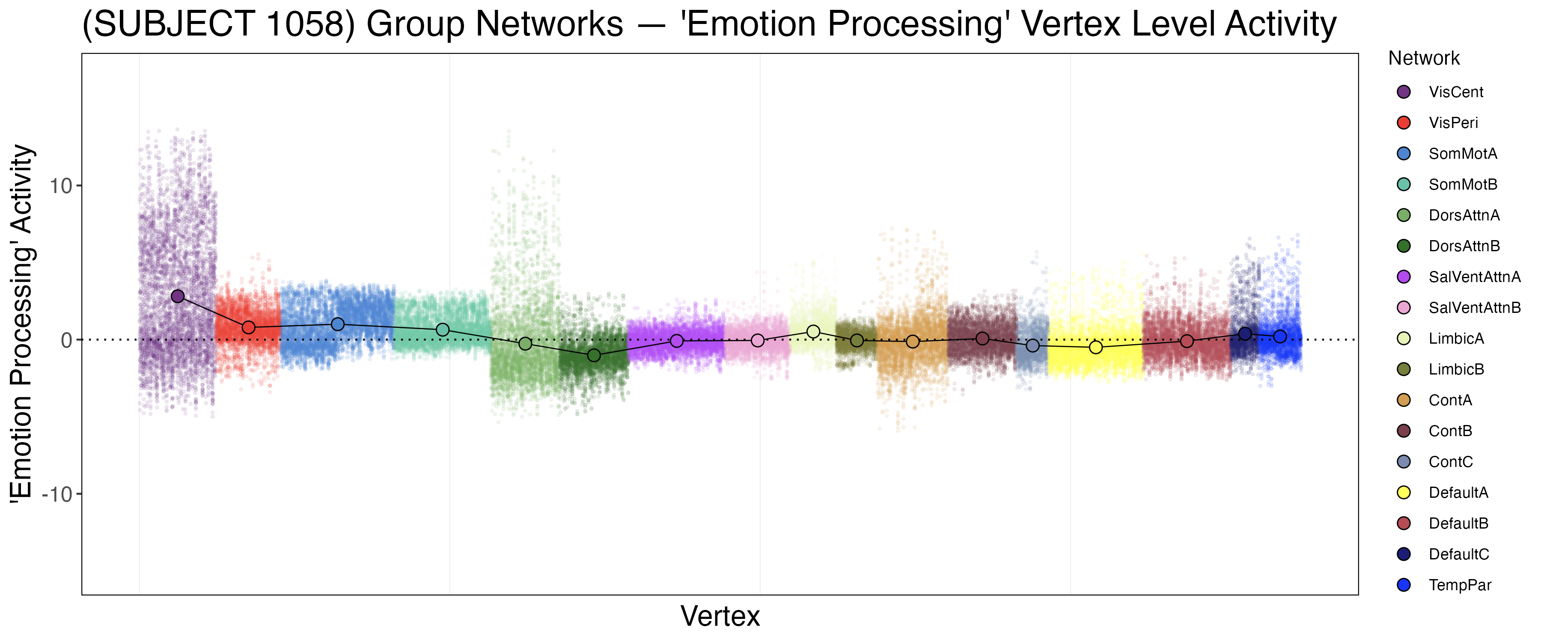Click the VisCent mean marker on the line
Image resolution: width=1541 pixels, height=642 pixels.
point(178,296)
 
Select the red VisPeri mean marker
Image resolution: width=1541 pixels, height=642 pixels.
point(249,327)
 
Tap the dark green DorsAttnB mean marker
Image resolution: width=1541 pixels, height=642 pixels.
point(594,355)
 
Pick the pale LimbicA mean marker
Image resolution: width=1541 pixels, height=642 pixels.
point(813,331)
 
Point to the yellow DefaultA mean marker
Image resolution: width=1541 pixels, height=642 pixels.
point(1096,347)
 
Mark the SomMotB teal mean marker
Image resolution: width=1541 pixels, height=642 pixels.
point(443,330)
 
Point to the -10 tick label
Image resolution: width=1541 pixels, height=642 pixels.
point(57,495)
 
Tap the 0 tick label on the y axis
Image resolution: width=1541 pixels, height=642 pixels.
point(66,340)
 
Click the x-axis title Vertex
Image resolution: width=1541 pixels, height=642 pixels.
point(720,616)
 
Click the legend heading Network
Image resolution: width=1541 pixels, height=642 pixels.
point(1424,59)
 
